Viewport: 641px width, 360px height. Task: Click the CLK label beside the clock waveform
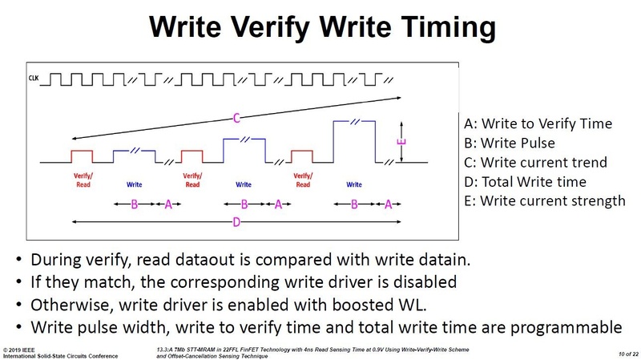pyautogui.click(x=34, y=79)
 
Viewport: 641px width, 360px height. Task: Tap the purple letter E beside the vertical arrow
pyautogui.click(x=401, y=144)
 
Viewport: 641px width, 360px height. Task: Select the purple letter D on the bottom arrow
pyautogui.click(x=236, y=222)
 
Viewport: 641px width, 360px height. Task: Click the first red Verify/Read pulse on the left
pyautogui.click(x=82, y=154)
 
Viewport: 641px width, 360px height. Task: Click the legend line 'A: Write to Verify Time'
pyautogui.click(x=538, y=123)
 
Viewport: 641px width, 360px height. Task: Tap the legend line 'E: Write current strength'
pyautogui.click(x=544, y=200)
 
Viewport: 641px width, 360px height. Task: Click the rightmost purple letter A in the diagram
pyautogui.click(x=388, y=204)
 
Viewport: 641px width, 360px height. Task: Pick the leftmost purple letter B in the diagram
pyautogui.click(x=135, y=204)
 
